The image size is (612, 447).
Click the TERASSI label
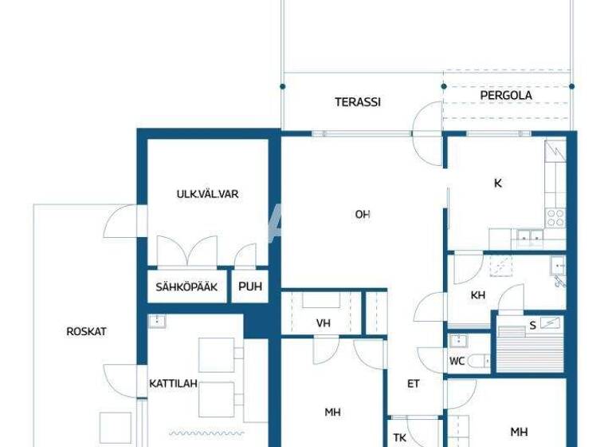pyautogui.click(x=357, y=102)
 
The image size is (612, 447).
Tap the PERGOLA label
pyautogui.click(x=506, y=96)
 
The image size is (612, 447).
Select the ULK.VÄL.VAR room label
pyautogui.click(x=207, y=194)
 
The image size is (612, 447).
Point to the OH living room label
pyautogui.click(x=363, y=214)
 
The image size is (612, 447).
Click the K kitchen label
pyautogui.click(x=498, y=184)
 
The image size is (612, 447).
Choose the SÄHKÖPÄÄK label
pyautogui.click(x=186, y=288)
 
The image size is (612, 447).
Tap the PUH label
pyautogui.click(x=249, y=288)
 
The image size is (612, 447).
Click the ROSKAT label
pyautogui.click(x=86, y=331)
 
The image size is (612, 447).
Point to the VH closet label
pyautogui.click(x=323, y=323)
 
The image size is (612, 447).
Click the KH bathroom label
pyautogui.click(x=478, y=295)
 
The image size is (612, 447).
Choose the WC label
pyautogui.click(x=457, y=361)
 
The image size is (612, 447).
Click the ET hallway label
pyautogui.click(x=414, y=384)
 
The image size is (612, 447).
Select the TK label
pyautogui.click(x=399, y=437)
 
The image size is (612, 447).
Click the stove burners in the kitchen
pyautogui.click(x=555, y=217)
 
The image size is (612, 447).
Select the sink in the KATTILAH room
pyautogui.click(x=157, y=322)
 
